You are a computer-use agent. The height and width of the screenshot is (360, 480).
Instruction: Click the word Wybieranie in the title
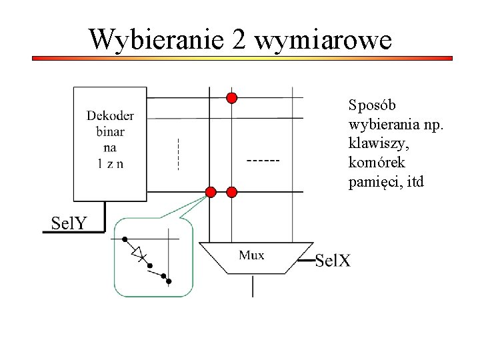click(157, 40)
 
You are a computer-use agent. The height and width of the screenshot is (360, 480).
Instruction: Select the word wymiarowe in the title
click(323, 40)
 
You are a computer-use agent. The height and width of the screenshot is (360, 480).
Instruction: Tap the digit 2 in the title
click(240, 40)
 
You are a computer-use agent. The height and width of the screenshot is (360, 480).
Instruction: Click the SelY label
click(69, 223)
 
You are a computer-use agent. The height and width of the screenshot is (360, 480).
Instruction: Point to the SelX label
click(332, 260)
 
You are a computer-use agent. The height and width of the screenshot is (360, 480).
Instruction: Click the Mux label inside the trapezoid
click(251, 255)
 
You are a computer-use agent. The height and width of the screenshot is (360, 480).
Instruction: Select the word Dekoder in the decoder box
click(110, 116)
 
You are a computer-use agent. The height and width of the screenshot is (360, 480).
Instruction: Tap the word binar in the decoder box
click(110, 132)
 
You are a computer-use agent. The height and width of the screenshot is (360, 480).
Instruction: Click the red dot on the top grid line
click(231, 98)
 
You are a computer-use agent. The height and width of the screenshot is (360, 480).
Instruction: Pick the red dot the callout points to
click(211, 192)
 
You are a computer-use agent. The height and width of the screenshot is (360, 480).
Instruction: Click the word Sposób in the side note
click(372, 105)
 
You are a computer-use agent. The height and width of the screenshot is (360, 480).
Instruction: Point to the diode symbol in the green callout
click(139, 253)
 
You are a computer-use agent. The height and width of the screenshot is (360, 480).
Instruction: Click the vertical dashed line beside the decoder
click(178, 153)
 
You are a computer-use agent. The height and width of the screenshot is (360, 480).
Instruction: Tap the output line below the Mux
click(253, 285)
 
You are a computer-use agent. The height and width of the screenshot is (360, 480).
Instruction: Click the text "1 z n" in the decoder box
click(110, 164)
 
